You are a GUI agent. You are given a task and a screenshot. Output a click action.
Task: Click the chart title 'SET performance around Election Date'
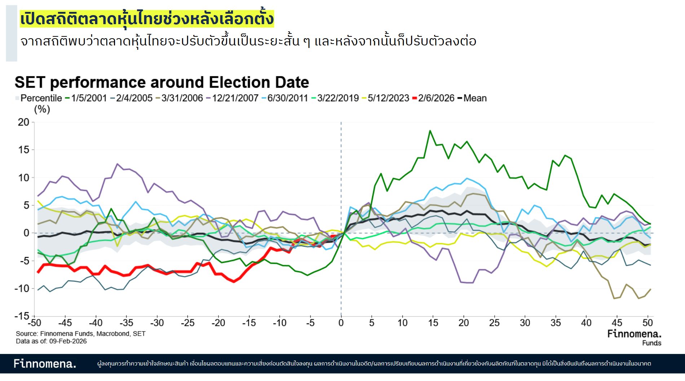coord(162,83)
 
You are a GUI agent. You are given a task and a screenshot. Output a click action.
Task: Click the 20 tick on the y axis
coord(24,122)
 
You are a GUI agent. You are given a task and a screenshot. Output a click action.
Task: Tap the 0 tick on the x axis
coord(341,323)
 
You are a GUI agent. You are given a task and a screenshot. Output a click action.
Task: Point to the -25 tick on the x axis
coord(188,323)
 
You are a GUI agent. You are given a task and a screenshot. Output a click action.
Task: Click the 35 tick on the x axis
coord(556,323)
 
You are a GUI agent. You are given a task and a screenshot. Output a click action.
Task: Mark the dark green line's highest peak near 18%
coord(430,131)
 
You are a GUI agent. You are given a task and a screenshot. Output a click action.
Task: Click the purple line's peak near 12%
coord(117,164)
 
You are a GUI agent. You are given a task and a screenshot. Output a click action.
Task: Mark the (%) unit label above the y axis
coord(42,109)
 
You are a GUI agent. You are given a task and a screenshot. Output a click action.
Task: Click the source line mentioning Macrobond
coord(80,334)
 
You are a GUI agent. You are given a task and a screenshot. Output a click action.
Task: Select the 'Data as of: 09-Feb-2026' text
coord(51,341)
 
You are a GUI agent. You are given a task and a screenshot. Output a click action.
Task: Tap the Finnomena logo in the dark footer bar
coord(45,363)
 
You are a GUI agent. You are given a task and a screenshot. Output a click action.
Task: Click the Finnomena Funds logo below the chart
coord(634,337)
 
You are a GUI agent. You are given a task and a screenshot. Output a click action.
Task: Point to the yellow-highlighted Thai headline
coord(147,19)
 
